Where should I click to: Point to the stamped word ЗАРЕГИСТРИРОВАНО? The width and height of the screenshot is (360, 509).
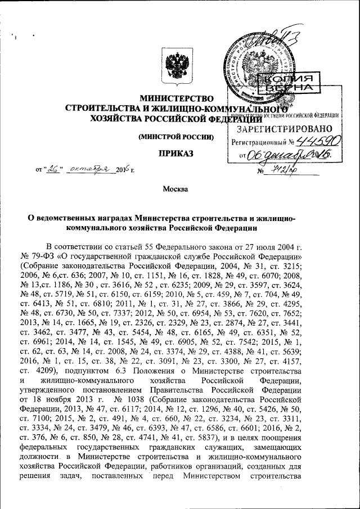coord(281,128)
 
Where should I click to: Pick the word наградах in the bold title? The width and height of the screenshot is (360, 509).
coord(109,218)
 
